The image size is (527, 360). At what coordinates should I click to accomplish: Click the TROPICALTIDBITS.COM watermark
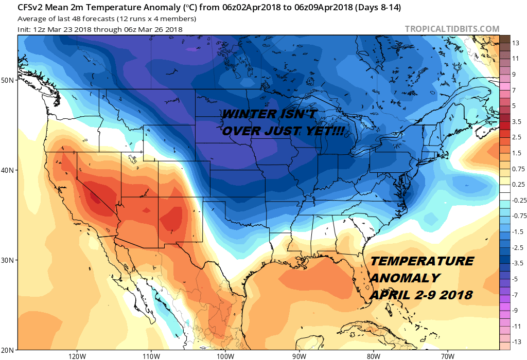pos(452,29)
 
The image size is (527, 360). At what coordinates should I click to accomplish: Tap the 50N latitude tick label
pos(9,80)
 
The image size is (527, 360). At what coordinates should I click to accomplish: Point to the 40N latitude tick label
pos(9,170)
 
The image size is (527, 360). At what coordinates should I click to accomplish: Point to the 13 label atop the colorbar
pos(516,44)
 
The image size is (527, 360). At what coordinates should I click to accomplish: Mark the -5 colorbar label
pos(515,279)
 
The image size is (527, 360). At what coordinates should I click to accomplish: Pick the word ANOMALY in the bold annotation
pos(405,278)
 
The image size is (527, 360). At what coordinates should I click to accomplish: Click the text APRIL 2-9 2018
pos(421,295)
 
